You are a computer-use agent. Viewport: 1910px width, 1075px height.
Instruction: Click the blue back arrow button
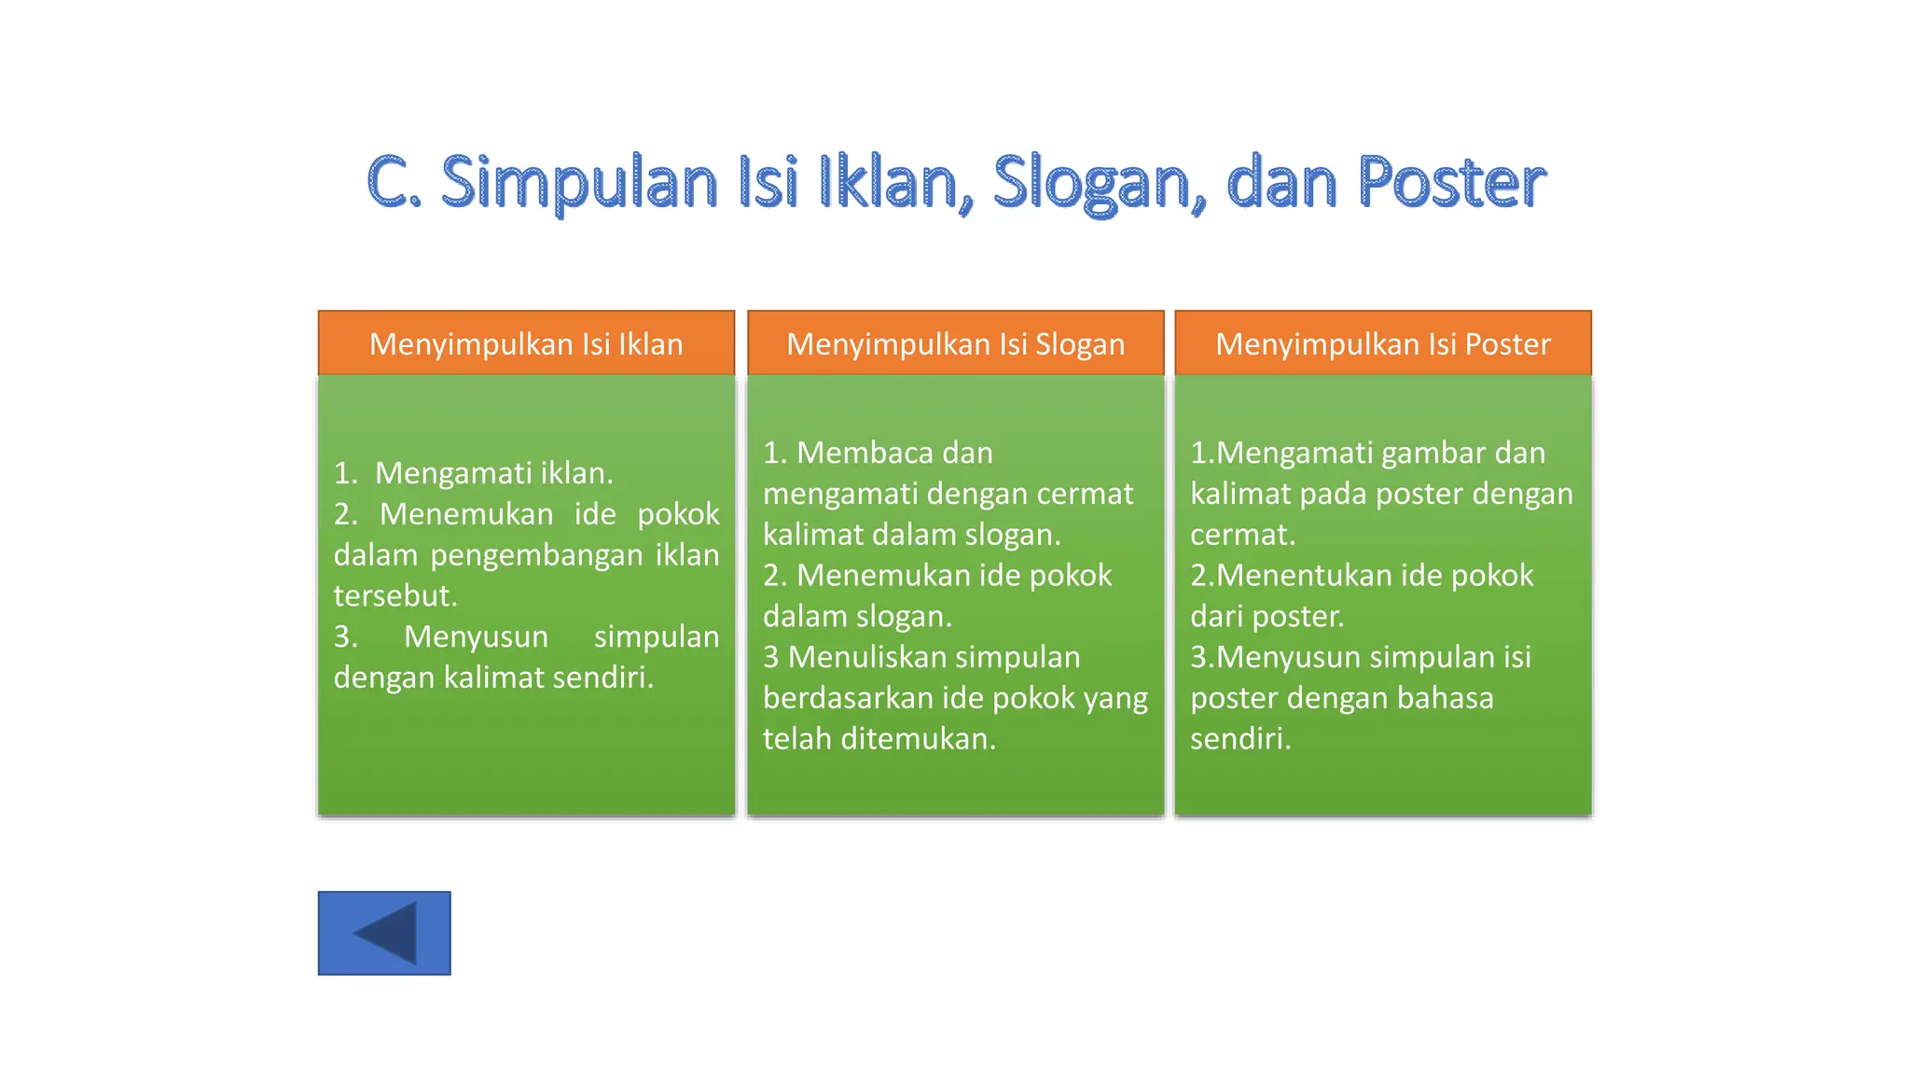point(383,932)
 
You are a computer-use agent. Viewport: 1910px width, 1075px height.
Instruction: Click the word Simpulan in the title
point(578,182)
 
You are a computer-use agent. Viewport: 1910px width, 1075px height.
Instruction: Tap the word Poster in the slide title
point(1450,182)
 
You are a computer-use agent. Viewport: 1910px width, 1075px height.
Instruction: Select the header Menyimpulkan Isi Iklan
point(526,343)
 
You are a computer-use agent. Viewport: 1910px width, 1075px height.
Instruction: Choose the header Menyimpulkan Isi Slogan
point(955,343)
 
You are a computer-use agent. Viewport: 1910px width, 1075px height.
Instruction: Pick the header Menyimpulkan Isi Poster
point(1382,343)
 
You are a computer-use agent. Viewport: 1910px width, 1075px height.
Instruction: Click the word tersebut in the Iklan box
point(395,595)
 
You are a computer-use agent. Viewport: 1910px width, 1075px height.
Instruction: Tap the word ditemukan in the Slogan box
point(918,739)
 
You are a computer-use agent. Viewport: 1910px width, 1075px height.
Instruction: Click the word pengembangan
point(536,555)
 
